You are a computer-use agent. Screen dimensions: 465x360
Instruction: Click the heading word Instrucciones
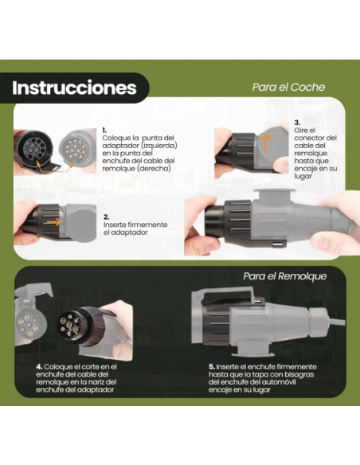[x=73, y=88]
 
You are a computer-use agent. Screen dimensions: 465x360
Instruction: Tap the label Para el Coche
[x=288, y=88]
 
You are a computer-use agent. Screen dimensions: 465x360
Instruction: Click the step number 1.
[x=104, y=129]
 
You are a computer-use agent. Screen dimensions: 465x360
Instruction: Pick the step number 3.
[x=297, y=123]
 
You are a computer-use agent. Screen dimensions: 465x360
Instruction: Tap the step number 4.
[x=39, y=365]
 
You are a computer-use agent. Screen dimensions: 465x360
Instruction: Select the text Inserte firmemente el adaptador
[x=135, y=229]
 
